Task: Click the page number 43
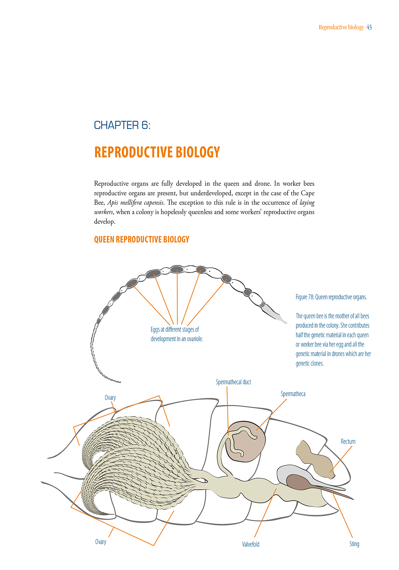[369, 27]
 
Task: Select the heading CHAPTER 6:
[122, 125]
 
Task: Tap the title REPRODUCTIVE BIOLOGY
[157, 152]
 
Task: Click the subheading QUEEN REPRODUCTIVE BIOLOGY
[141, 239]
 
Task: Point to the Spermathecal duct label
[233, 382]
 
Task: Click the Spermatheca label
[293, 394]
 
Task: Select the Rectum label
[348, 442]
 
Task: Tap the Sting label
[354, 544]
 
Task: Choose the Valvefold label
[250, 544]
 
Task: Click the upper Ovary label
[110, 398]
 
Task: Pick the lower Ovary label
[100, 542]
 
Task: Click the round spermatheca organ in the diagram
[246, 442]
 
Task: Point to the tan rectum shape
[315, 459]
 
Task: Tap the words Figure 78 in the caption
[304, 297]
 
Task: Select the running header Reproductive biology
[341, 27]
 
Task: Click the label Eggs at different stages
[175, 330]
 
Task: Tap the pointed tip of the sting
[353, 499]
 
